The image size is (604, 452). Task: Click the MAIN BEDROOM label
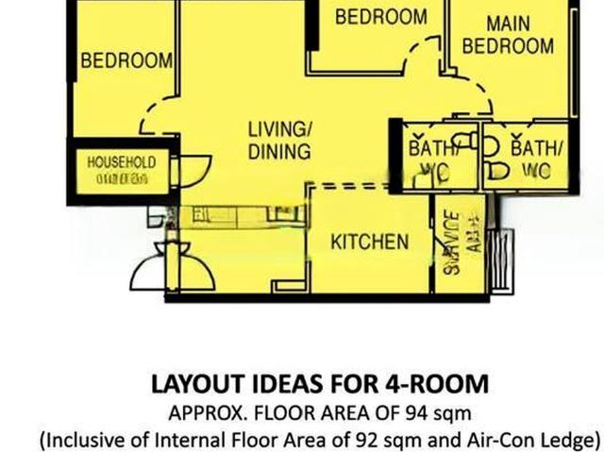(508, 34)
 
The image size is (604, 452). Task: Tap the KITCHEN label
(369, 242)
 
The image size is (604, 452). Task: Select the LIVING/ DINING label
(279, 140)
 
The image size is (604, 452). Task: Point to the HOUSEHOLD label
(121, 162)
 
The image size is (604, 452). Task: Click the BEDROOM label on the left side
(126, 61)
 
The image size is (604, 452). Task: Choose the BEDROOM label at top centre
(380, 17)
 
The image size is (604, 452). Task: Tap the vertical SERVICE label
(452, 241)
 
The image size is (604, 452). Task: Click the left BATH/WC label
(431, 159)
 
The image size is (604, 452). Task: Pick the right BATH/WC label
(535, 159)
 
